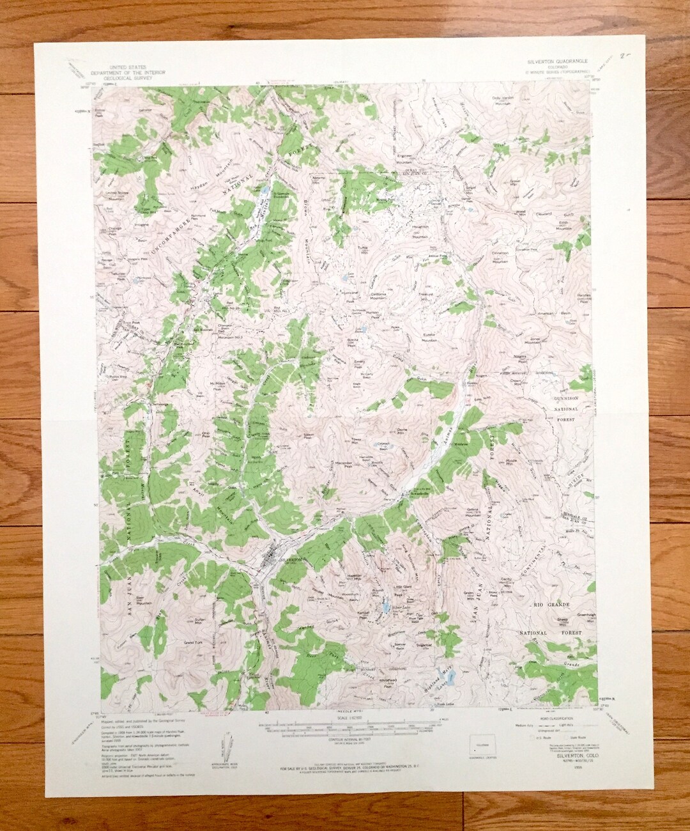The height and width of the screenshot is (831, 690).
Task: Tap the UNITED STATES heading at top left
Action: point(128,66)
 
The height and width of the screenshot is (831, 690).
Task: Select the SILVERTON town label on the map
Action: point(290,559)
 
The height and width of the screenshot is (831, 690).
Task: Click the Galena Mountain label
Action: point(473,511)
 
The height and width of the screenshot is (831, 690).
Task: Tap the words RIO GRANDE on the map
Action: point(551,603)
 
